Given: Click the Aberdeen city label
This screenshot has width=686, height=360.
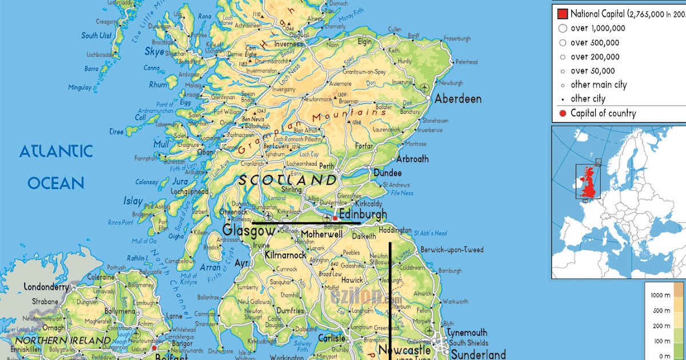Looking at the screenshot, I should pyautogui.click(x=458, y=99).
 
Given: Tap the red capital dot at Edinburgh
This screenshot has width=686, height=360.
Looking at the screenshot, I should pyautogui.click(x=335, y=218).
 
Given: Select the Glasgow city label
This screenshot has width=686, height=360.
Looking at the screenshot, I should pyautogui.click(x=248, y=231).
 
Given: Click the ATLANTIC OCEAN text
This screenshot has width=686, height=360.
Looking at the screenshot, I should pyautogui.click(x=55, y=167).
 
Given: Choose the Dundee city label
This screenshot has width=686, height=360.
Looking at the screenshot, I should pyautogui.click(x=388, y=173).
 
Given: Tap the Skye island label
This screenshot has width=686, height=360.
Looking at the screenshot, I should pyautogui.click(x=154, y=52).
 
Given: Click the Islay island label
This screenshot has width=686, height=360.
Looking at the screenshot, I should pyautogui.click(x=133, y=201).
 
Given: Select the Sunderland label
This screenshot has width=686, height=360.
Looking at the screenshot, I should pyautogui.click(x=478, y=354).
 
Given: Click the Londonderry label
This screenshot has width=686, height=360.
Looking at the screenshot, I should pyautogui.click(x=46, y=287).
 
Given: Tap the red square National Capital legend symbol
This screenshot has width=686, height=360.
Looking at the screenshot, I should pyautogui.click(x=562, y=14).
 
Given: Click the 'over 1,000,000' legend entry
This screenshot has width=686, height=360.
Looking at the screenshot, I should pyautogui.click(x=597, y=28).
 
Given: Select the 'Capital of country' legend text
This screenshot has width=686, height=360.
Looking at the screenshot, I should pyautogui.click(x=603, y=113).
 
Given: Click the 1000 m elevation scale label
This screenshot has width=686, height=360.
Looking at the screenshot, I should pyautogui.click(x=660, y=295).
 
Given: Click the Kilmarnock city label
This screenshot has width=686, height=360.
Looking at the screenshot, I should pyautogui.click(x=285, y=255).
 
